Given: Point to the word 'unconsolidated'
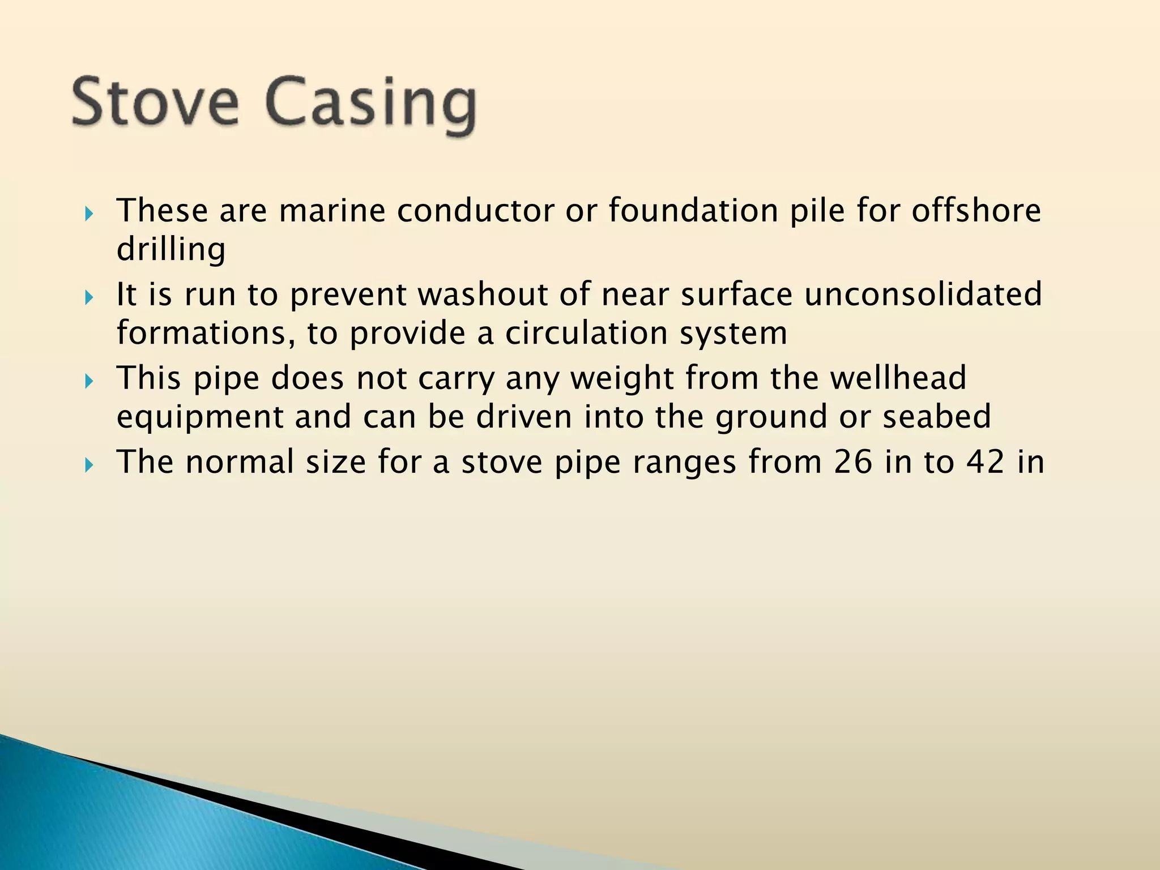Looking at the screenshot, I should [x=923, y=295].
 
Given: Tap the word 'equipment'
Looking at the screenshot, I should [x=200, y=418].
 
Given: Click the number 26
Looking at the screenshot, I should [x=852, y=462].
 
